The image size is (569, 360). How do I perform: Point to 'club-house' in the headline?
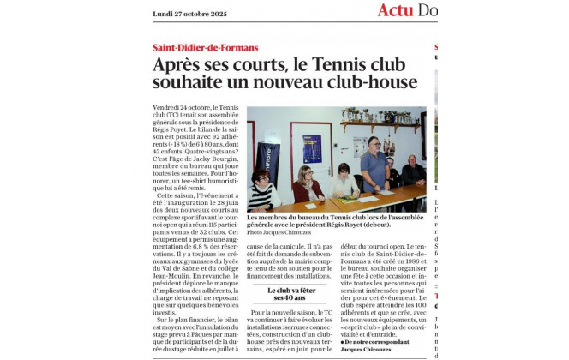pos(374,83)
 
